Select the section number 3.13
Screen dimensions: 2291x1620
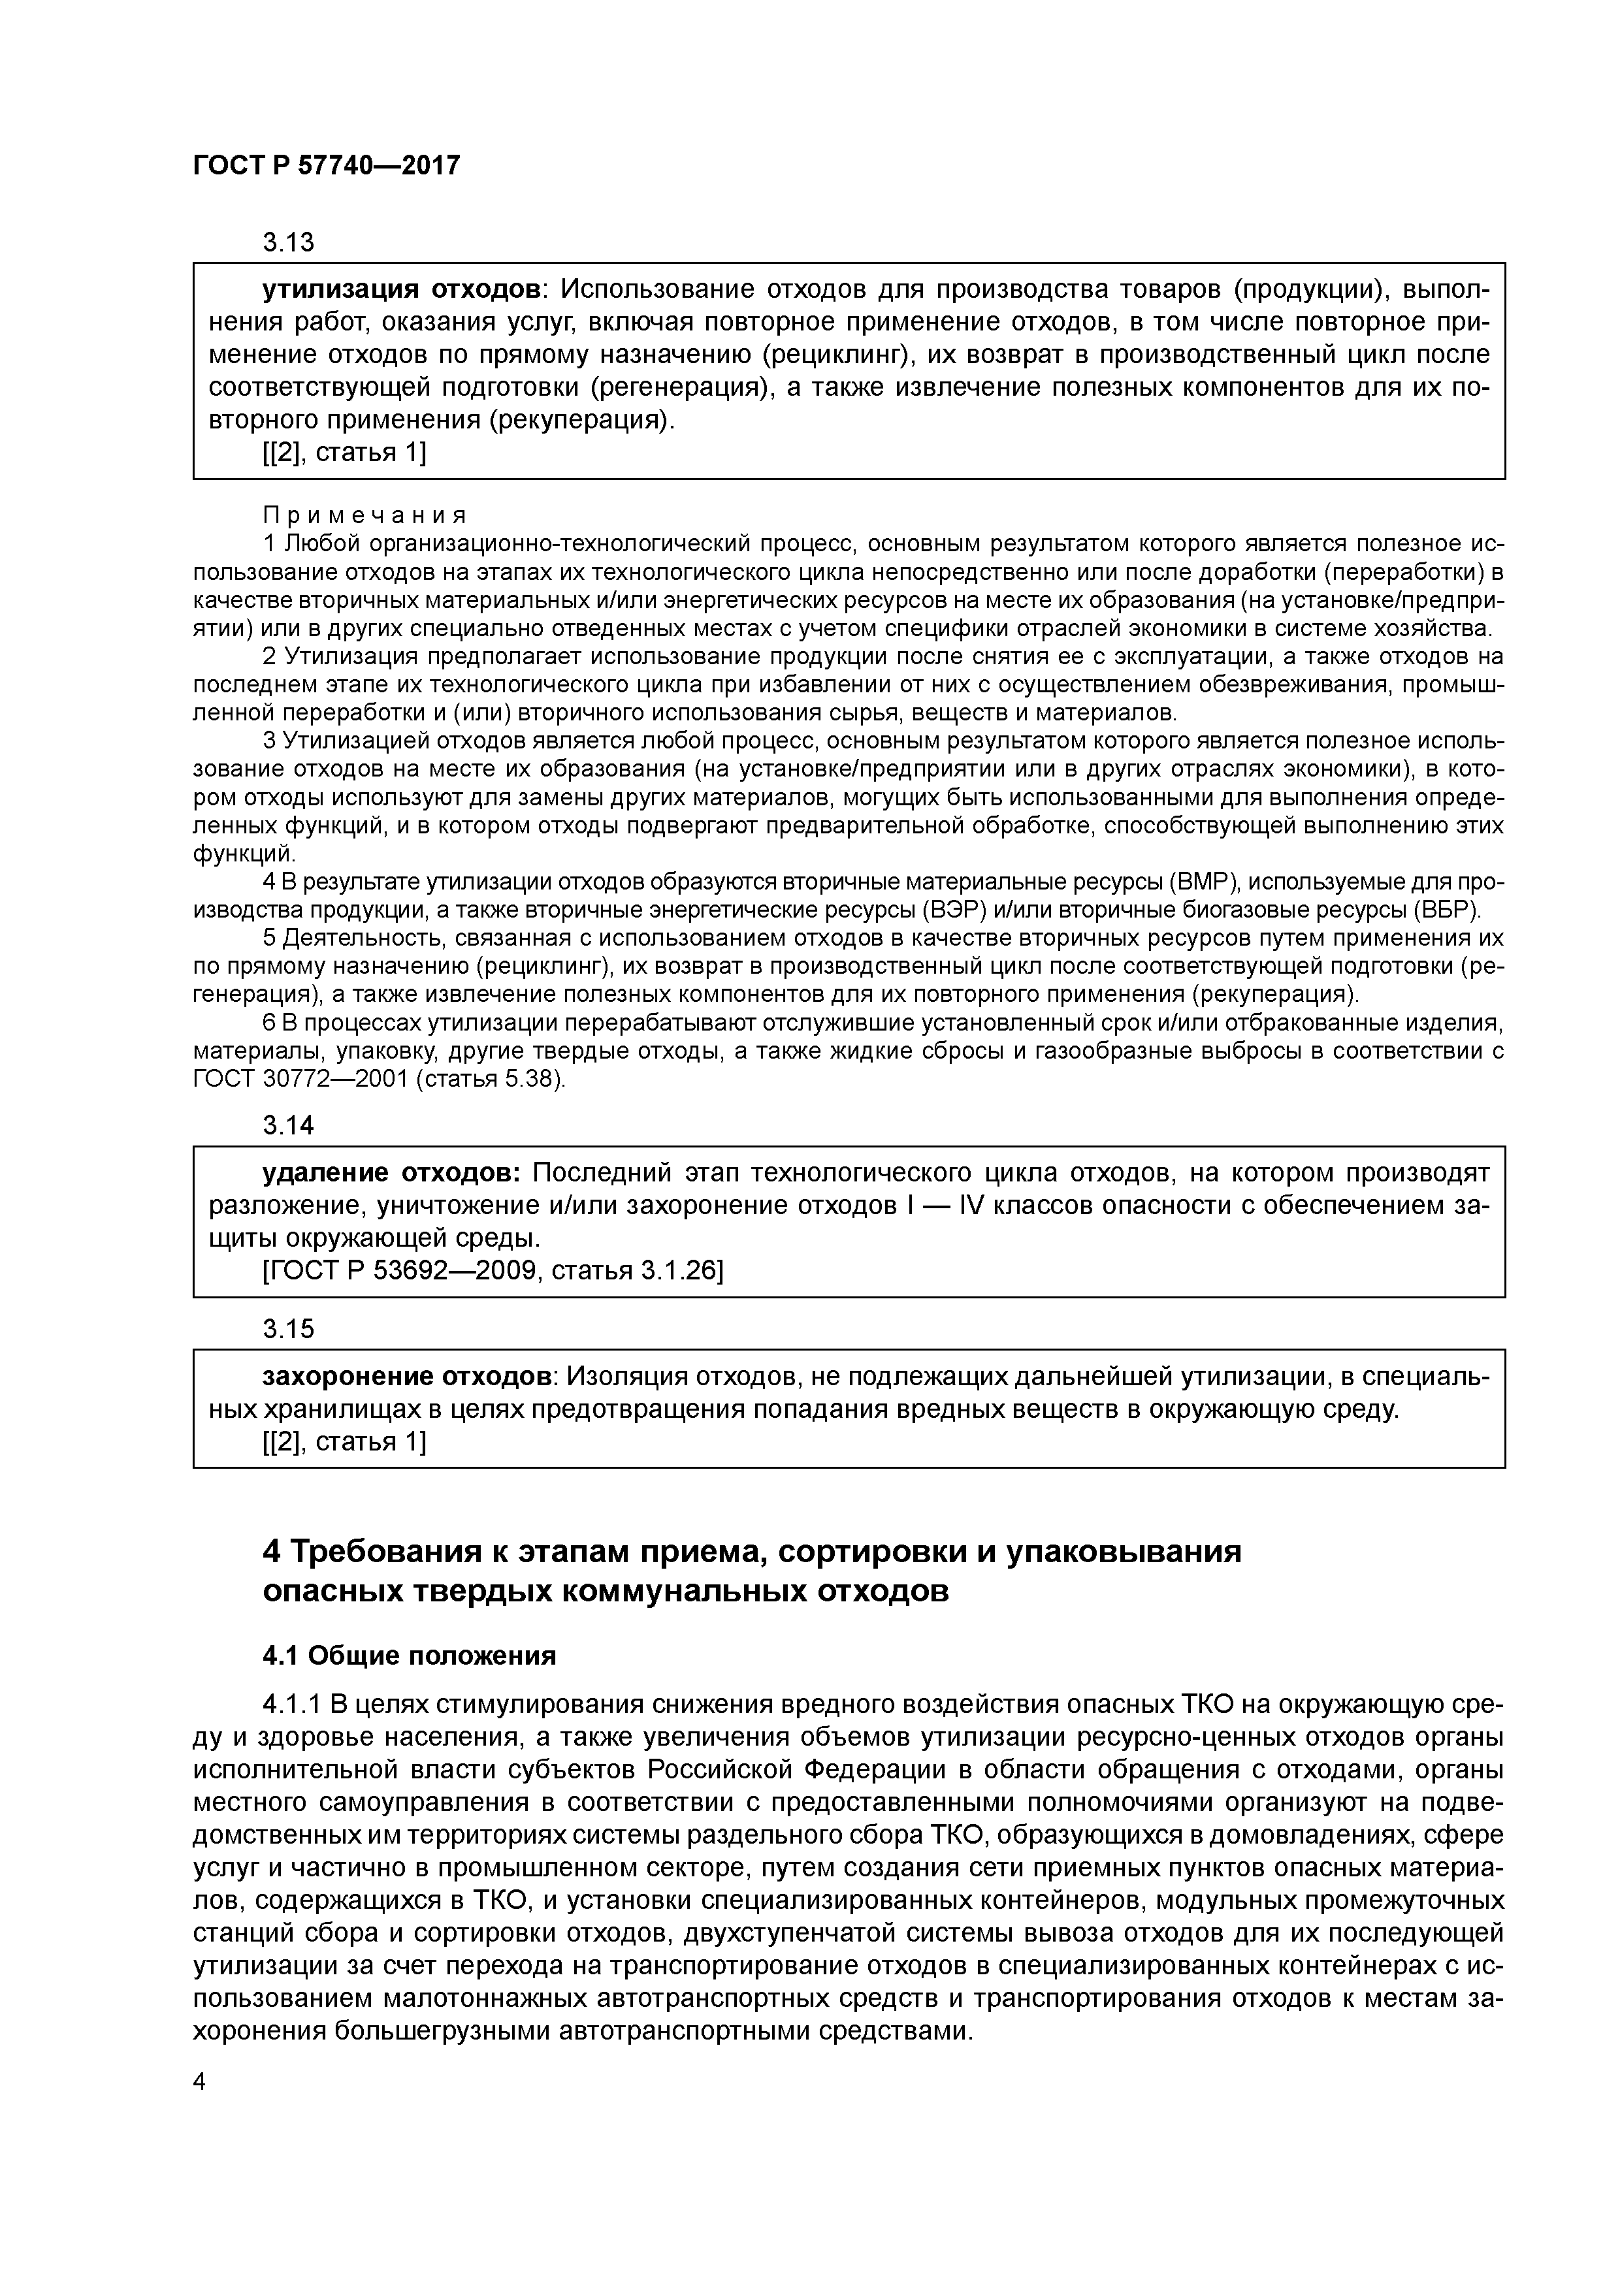pyautogui.click(x=287, y=242)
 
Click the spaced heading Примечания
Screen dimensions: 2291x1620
pyautogui.click(x=364, y=515)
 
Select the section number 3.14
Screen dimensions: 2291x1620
pyautogui.click(x=287, y=1125)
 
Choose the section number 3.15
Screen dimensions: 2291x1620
pyautogui.click(x=287, y=1329)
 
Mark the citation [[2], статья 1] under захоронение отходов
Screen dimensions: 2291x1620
pyautogui.click(x=344, y=1441)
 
